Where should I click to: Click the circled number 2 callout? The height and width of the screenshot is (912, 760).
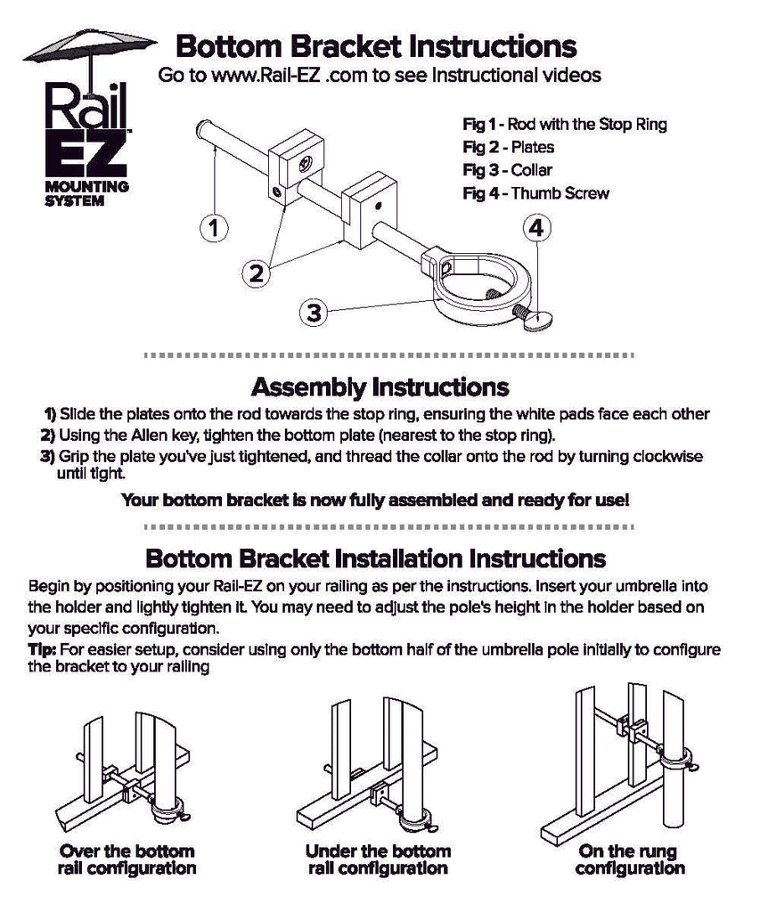(257, 273)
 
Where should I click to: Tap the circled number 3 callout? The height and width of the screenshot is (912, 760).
(315, 313)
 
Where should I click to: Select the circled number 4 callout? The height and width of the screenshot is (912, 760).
(535, 229)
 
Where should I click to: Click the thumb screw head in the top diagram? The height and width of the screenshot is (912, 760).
(538, 320)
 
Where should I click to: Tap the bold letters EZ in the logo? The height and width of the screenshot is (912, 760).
(86, 155)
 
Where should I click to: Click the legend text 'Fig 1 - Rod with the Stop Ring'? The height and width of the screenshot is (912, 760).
(564, 124)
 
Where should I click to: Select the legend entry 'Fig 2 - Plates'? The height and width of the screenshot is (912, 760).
(508, 147)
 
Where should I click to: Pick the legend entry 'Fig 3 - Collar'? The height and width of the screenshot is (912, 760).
(507, 170)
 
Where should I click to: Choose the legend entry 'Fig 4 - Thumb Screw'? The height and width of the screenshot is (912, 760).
(535, 193)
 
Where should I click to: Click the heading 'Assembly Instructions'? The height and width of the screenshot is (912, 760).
(380, 387)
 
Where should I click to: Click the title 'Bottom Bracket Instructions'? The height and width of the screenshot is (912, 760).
(375, 45)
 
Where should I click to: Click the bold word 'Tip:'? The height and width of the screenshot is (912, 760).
(43, 649)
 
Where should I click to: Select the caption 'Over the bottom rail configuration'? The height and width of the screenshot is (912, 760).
(127, 859)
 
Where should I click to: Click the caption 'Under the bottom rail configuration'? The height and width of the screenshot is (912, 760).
(378, 859)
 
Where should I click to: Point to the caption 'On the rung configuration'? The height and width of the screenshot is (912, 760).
(629, 859)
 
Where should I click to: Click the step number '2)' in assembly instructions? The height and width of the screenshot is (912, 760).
(48, 435)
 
